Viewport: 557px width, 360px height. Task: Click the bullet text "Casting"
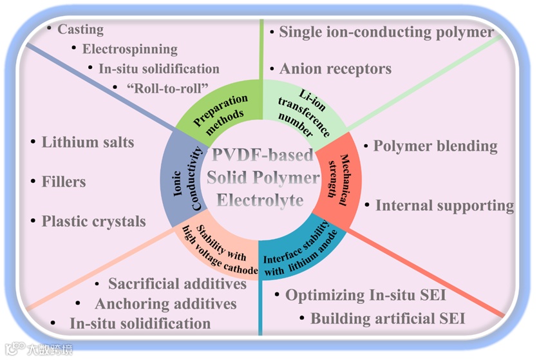pos(80,30)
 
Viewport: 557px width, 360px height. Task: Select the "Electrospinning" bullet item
pos(129,49)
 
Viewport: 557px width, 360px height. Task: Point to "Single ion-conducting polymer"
pos(386,32)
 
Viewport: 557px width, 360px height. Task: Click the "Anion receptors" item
pos(335,68)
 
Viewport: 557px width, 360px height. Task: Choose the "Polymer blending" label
pos(435,146)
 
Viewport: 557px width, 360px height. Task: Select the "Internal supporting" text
pos(444,205)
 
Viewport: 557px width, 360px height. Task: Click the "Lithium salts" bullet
pos(88,142)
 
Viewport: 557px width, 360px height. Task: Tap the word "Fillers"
pos(64,182)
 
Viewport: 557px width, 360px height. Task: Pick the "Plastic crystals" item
pos(94,221)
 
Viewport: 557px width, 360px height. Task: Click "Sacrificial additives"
pos(177,283)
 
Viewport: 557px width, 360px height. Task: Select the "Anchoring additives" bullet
pos(165,303)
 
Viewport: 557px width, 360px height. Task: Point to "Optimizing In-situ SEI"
pos(366,295)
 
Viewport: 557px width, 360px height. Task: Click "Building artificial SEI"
pos(388,318)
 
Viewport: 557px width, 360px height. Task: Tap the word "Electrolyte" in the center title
pos(260,200)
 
